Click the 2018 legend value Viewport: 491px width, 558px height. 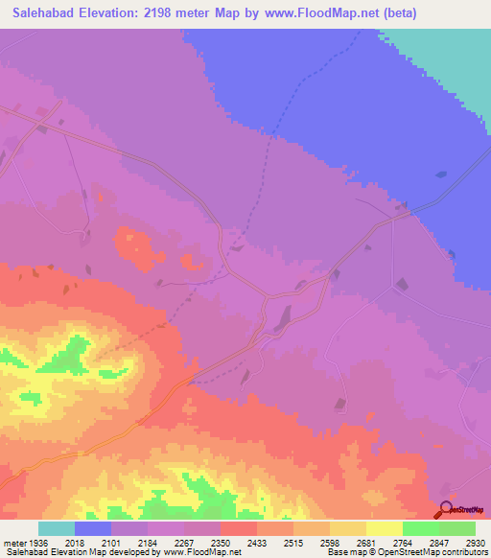click(75, 542)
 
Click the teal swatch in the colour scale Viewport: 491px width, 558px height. click(57, 528)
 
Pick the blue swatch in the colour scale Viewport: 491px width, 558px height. click(93, 528)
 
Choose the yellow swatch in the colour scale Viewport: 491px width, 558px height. click(385, 528)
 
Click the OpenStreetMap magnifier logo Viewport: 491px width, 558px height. click(446, 508)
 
